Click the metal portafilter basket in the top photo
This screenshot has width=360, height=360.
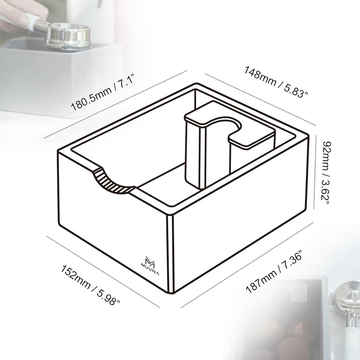[x=67, y=36]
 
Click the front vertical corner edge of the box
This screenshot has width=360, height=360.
[x=171, y=253]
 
